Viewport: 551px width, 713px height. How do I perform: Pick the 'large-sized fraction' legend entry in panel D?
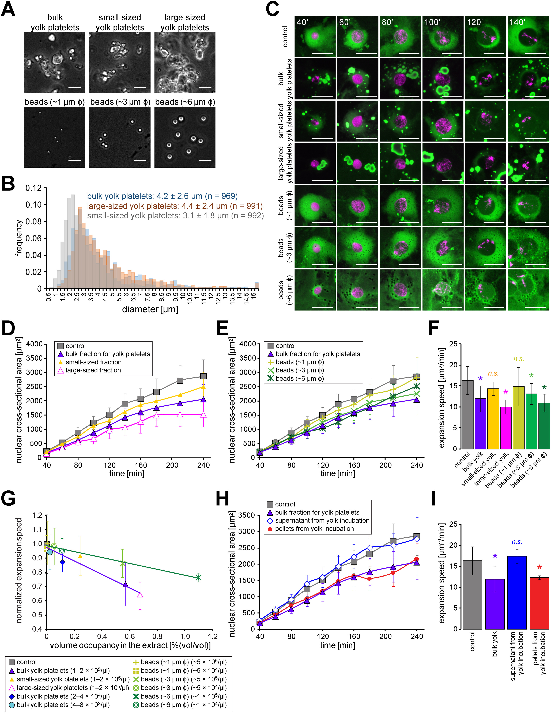click(93, 370)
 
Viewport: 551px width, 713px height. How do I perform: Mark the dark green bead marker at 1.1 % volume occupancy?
click(198, 578)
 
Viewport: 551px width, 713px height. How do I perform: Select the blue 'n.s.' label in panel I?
click(517, 542)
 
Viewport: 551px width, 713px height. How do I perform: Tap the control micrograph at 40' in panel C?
click(315, 37)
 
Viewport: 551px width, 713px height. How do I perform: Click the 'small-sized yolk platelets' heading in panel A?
click(120, 22)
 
